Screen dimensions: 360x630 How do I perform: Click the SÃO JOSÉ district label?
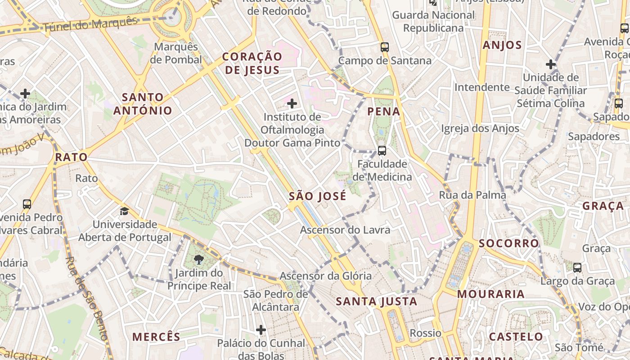[x=318, y=196]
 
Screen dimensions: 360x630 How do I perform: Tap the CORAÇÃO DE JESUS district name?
[x=252, y=63]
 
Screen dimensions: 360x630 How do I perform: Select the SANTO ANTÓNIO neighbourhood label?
[x=143, y=103]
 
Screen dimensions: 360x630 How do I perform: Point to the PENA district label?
[x=384, y=112]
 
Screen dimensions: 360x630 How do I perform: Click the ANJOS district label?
[x=502, y=45]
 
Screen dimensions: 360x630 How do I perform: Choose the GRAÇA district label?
[x=603, y=206]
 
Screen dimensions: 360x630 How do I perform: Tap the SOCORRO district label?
[x=508, y=243]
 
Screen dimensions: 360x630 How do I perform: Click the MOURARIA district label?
[x=491, y=294]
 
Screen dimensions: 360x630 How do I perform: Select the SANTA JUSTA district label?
[x=377, y=301]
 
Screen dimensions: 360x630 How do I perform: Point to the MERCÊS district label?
[x=156, y=337]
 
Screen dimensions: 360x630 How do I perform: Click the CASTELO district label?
[x=516, y=337]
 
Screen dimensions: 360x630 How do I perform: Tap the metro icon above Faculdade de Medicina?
[x=382, y=150]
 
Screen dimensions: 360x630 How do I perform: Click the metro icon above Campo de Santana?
[x=384, y=47]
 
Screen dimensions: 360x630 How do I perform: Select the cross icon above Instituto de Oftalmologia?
[x=292, y=104]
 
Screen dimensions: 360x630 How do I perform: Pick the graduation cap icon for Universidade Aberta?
[x=124, y=211]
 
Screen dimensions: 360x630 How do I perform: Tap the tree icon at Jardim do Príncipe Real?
[x=198, y=260]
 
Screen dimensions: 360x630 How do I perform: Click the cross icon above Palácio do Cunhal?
[x=261, y=330]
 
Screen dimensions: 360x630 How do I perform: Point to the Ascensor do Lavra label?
[x=345, y=230]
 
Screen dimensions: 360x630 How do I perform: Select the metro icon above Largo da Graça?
[x=577, y=268]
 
